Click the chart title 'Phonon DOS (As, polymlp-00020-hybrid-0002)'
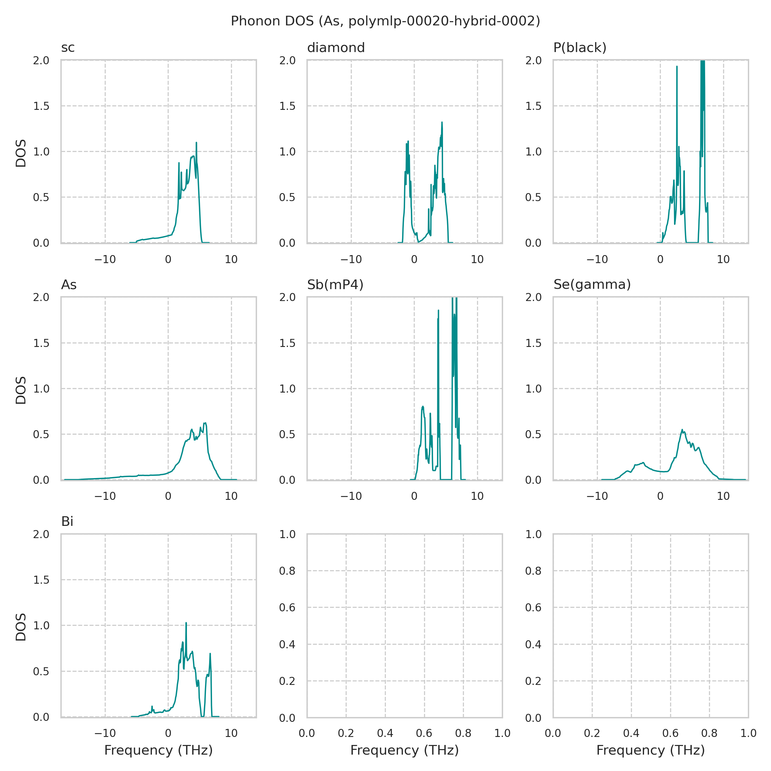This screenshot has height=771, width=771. (385, 21)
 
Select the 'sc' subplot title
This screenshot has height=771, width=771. (68, 48)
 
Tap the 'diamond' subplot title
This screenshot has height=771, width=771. (336, 48)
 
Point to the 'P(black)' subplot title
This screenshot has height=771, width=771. (580, 48)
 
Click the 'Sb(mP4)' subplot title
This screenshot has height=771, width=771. (335, 285)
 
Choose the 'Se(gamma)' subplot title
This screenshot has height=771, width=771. (592, 285)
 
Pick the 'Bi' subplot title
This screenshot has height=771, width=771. (67, 522)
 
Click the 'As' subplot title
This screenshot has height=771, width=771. (69, 285)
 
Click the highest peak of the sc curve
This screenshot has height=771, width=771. (196, 142)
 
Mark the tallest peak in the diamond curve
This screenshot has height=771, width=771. (442, 122)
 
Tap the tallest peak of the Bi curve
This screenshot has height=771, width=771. (186, 623)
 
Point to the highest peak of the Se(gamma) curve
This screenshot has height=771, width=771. (682, 430)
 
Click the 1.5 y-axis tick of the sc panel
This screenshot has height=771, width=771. (41, 106)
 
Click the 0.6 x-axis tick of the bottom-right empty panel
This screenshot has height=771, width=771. (670, 733)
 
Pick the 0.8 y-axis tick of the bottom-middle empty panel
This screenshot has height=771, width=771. (287, 571)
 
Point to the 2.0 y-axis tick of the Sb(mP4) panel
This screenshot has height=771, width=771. (287, 297)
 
